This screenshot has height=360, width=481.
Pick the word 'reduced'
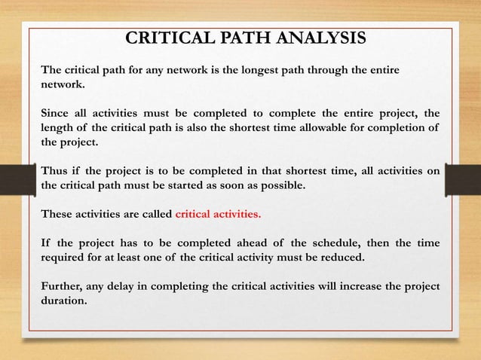tap(341, 261)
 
